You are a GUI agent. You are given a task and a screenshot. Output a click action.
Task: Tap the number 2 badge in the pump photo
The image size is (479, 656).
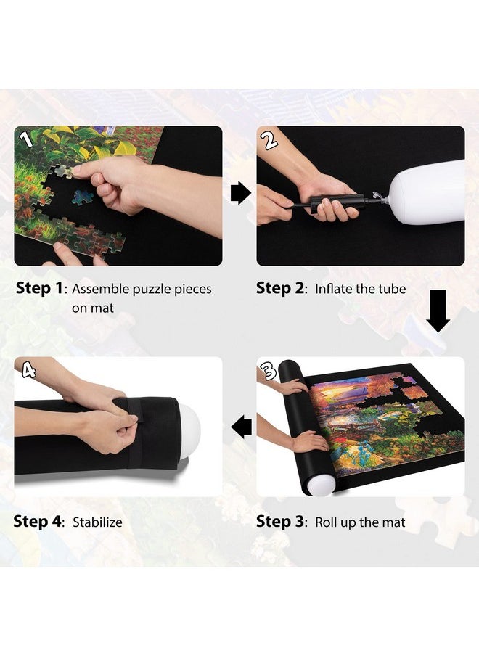[x=270, y=139]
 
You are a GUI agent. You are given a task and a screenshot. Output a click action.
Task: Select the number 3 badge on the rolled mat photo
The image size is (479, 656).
[x=269, y=372]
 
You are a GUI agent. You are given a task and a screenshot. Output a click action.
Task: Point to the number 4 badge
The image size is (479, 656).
[x=29, y=370]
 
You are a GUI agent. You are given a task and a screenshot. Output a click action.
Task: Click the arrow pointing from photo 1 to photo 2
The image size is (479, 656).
[x=240, y=193]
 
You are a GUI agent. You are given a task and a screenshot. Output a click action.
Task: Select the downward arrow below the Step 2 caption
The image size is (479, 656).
[x=438, y=311]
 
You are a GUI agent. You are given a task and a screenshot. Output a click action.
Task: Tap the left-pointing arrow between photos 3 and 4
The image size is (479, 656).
[x=241, y=427]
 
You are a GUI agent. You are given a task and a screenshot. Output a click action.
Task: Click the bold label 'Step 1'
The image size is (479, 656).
[x=39, y=289]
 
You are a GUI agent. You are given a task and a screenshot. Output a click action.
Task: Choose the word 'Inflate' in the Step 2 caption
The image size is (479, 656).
[x=335, y=289]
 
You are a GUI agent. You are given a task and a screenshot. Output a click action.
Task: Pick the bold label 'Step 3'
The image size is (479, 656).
[x=280, y=521]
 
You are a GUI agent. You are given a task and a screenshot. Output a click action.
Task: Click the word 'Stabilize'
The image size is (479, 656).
[x=97, y=522]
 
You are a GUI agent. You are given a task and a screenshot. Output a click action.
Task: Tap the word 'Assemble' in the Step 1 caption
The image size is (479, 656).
[x=100, y=289]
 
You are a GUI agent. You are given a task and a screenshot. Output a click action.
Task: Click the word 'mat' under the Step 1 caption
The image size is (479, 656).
[x=102, y=308]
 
